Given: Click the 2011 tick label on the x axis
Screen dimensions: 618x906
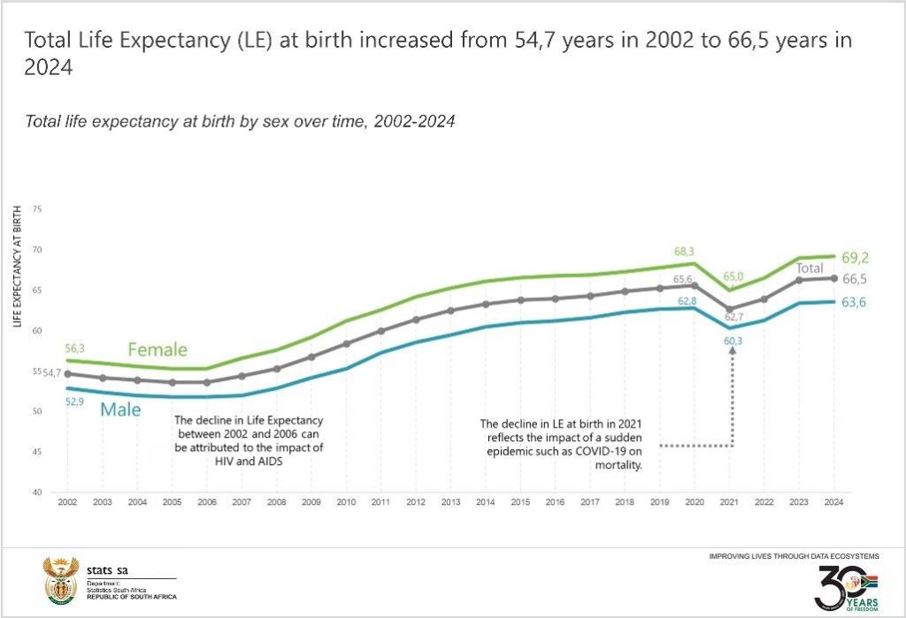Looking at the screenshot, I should click(381, 502).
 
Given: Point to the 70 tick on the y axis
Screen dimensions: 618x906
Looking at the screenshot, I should click(37, 249).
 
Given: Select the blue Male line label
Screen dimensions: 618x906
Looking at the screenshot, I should click(119, 410).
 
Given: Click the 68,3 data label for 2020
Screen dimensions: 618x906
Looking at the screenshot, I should click(686, 252).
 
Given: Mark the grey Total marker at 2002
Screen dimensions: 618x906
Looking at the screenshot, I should click(67, 374).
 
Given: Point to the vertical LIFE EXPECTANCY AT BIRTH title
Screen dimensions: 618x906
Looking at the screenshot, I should click(18, 266).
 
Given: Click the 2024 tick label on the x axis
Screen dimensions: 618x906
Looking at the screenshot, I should click(832, 502).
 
